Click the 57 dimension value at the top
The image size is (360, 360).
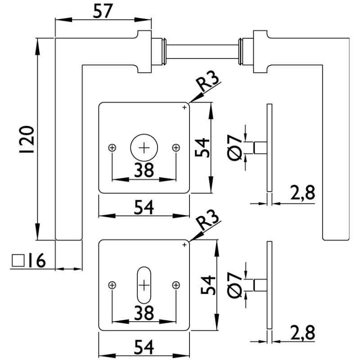(x=103, y=10)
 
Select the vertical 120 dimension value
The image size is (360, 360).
(x=27, y=139)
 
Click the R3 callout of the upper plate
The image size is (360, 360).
(x=208, y=84)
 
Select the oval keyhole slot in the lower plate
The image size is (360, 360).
(x=144, y=285)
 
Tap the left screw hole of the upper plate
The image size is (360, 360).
(x=112, y=148)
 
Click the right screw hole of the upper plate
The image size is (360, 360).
(x=176, y=148)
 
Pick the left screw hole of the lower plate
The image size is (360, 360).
(x=112, y=285)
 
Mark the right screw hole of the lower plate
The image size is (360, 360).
(x=176, y=285)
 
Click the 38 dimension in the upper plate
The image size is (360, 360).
(x=144, y=170)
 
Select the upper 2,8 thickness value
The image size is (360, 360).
(x=301, y=193)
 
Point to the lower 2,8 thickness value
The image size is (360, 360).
(x=301, y=333)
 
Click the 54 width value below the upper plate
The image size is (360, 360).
(x=144, y=207)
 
